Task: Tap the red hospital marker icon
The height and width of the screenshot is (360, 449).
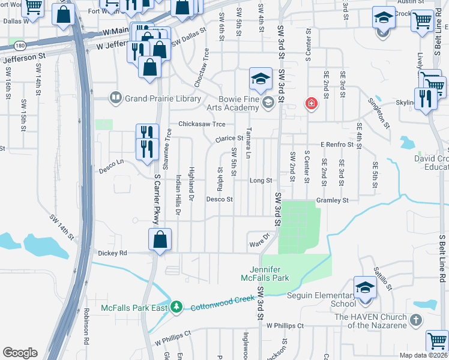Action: [x=311, y=104]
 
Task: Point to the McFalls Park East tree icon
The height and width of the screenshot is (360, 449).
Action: [x=176, y=307]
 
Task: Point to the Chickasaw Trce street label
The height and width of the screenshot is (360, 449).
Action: [x=201, y=124]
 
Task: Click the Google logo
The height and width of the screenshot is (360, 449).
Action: [x=20, y=352]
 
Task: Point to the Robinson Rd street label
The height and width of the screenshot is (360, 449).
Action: [x=86, y=327]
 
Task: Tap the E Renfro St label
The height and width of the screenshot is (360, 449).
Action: [x=339, y=145]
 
